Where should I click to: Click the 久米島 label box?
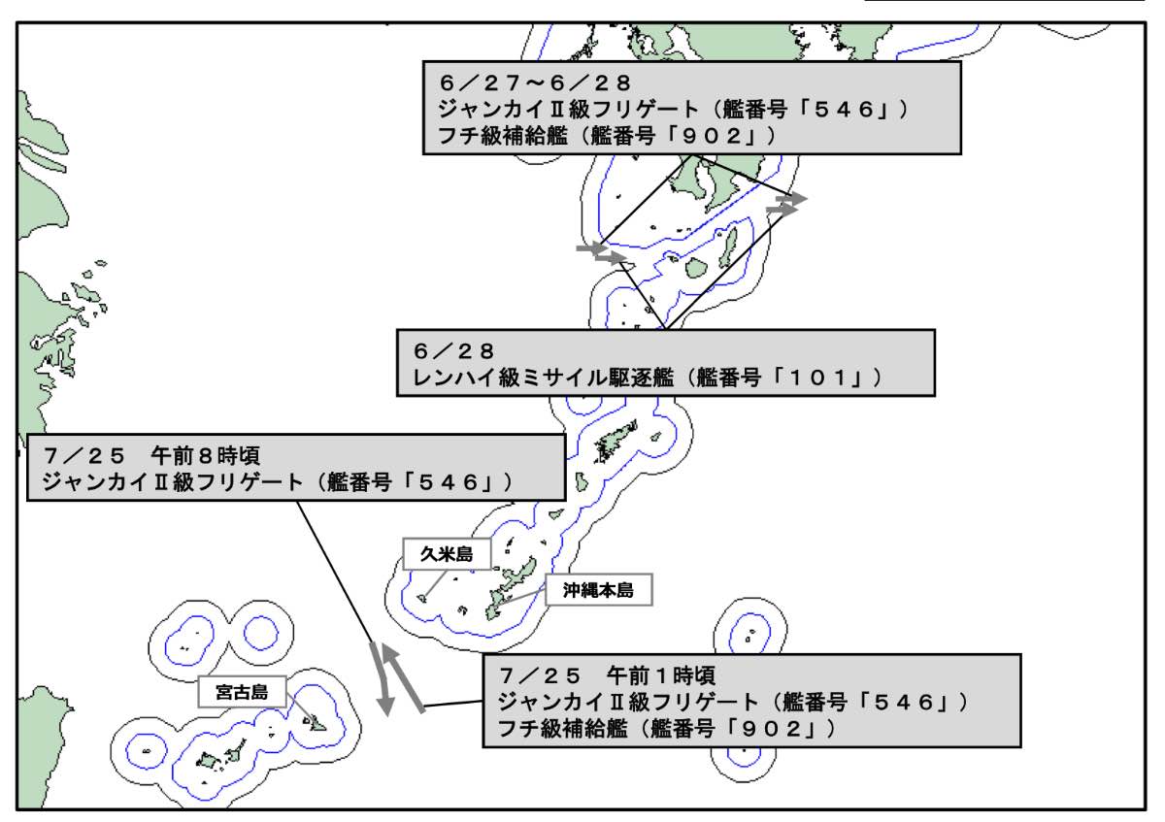(x=447, y=554)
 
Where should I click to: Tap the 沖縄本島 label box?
(x=599, y=590)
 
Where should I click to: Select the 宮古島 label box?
(x=242, y=692)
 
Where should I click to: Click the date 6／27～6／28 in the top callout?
(x=535, y=83)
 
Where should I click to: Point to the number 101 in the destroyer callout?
(x=817, y=378)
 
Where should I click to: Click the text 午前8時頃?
(x=205, y=456)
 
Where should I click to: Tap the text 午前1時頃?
(x=661, y=675)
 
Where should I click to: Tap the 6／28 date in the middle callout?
(x=453, y=351)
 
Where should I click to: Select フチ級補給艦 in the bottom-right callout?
(x=562, y=729)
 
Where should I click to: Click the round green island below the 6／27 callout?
(x=695, y=268)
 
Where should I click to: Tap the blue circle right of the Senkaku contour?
(x=261, y=634)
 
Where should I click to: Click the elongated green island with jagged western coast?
(x=616, y=442)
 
